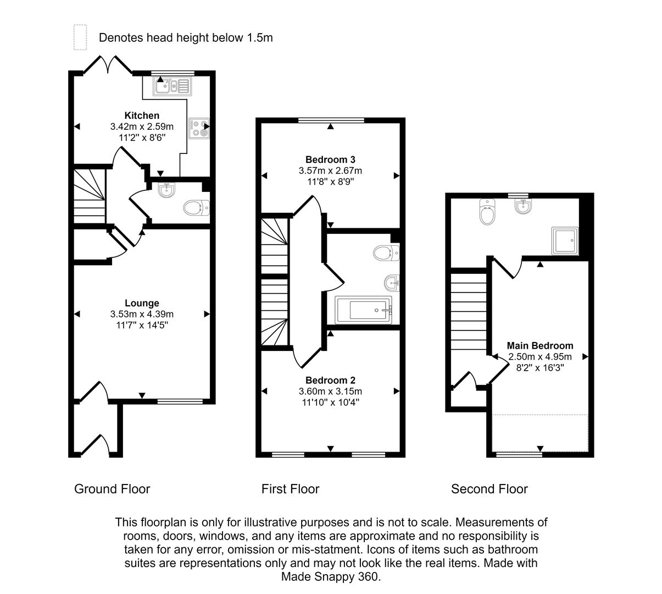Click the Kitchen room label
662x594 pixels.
142,116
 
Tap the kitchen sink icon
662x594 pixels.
171,86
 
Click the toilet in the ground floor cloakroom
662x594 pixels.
195,208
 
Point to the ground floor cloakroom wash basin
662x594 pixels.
166,190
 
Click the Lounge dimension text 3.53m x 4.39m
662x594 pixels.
142,314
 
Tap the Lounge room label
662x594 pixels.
142,303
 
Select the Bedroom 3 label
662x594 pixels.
330,160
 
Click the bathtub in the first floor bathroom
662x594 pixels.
363,310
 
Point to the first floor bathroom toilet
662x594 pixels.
385,253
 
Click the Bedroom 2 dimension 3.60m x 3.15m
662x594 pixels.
330,391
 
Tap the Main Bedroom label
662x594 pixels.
539,346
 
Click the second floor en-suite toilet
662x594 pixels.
487,212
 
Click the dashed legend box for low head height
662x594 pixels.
81,37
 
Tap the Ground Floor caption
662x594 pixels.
112,489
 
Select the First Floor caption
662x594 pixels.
290,489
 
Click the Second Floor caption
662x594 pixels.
489,489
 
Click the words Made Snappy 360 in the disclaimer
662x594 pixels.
330,577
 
